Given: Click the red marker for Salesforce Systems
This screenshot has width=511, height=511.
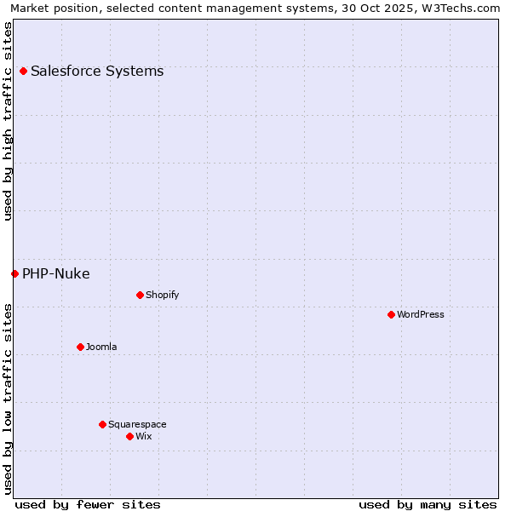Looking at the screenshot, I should coord(23,72).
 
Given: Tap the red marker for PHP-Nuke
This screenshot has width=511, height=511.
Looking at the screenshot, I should coord(14,273).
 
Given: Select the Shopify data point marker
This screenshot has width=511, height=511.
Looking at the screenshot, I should coord(140,296).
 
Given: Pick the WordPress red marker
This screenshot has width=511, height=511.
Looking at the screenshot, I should coord(391,315).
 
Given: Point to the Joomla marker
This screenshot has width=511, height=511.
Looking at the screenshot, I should coord(80,347).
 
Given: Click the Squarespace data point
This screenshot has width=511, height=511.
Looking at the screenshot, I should coord(102,424).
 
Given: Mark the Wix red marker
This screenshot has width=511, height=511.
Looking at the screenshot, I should coord(129,436).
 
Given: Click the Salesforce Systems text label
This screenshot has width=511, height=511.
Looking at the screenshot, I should coord(97,72).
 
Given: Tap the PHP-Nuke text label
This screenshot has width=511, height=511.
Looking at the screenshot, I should coord(56,273).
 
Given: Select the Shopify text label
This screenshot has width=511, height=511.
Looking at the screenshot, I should coord(162,296).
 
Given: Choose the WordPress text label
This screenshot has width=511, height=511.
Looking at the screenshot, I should coord(421,315).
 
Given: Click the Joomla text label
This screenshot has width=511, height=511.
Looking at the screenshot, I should coord(101,347).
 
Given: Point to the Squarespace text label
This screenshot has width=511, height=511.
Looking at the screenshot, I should coord(137,425).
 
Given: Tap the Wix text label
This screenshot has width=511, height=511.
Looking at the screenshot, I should coord(144,437).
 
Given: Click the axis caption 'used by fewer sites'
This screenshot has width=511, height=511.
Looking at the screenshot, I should coord(88,504).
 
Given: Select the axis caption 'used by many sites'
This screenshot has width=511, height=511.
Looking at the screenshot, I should coord(428,504).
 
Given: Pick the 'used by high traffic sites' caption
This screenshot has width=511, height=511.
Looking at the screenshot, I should coord(8,121).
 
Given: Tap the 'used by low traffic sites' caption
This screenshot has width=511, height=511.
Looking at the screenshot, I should coord(8,399).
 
